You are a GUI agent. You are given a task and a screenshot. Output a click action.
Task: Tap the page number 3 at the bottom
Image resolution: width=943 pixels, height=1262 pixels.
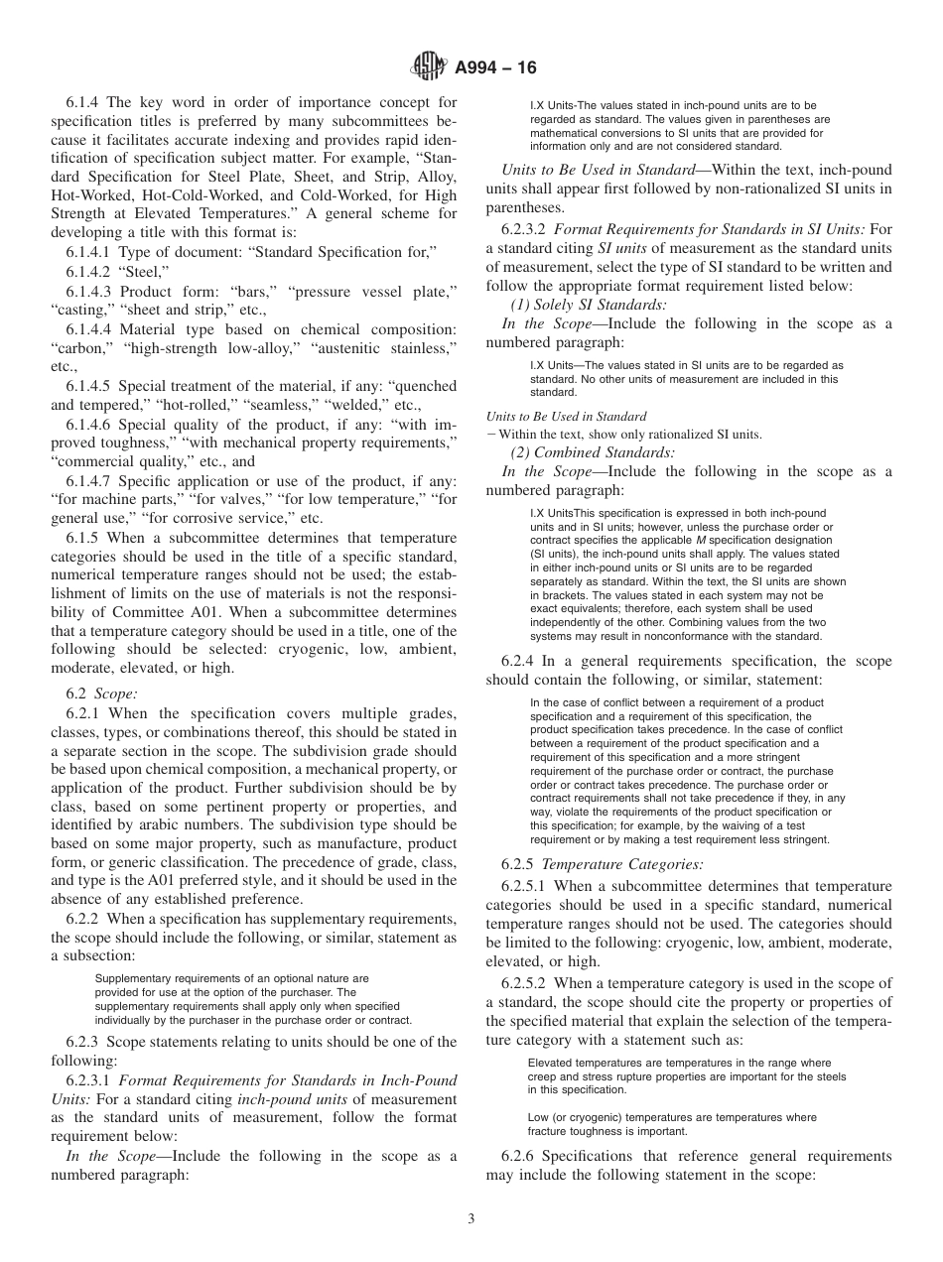471,1220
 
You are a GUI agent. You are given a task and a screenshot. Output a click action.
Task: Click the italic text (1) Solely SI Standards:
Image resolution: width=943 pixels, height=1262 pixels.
589,305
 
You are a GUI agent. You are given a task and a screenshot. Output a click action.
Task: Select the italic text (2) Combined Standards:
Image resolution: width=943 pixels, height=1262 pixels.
593,452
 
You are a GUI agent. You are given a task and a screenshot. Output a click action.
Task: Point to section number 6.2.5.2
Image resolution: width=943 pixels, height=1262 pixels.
528,983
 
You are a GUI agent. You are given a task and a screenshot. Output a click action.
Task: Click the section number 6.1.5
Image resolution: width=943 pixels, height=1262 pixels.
85,537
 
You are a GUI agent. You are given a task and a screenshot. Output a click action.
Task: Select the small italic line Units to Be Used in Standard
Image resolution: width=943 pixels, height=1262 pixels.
566,417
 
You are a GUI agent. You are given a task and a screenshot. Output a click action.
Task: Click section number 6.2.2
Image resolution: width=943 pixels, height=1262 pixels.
85,920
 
